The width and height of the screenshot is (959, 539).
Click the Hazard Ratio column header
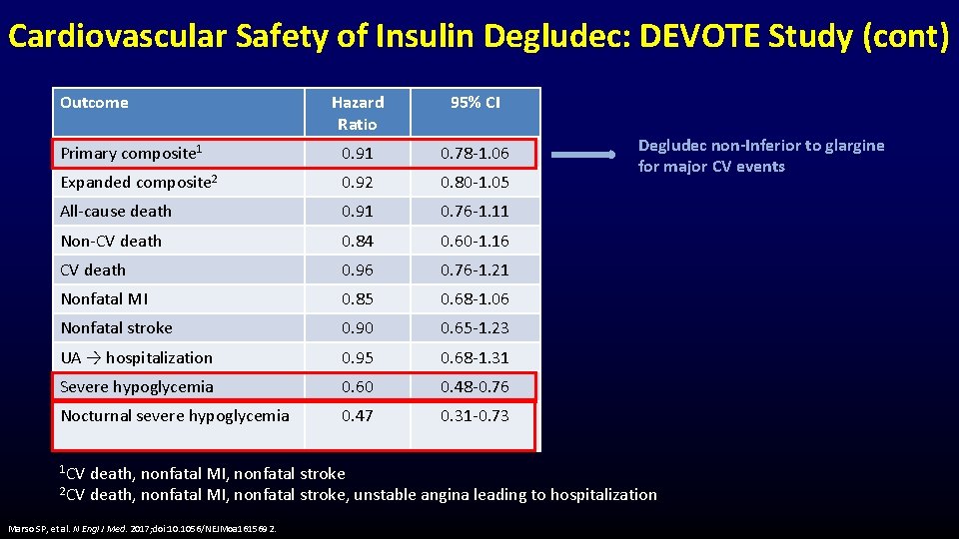[357, 113]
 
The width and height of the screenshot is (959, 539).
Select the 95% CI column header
[475, 102]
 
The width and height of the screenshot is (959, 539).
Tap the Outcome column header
[94, 102]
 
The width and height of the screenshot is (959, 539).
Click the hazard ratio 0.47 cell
[357, 415]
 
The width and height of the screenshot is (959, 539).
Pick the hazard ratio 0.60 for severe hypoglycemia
[357, 386]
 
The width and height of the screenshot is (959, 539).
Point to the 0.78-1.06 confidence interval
[475, 153]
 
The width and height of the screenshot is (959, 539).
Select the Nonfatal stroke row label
[116, 327]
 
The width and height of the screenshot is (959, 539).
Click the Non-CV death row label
[111, 241]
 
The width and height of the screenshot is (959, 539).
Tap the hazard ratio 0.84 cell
[357, 241]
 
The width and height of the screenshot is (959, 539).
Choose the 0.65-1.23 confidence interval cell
[475, 327]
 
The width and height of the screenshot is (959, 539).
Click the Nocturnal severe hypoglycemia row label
[175, 415]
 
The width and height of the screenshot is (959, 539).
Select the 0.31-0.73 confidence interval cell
[475, 415]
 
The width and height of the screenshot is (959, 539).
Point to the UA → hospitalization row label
[136, 357]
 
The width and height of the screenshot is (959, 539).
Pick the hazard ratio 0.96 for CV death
[357, 269]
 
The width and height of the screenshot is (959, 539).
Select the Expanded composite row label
[139, 182]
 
